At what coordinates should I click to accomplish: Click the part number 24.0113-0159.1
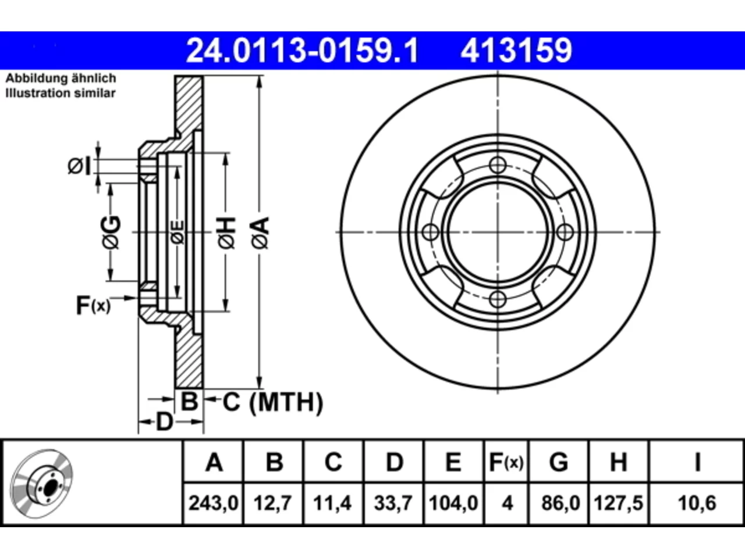point(302,51)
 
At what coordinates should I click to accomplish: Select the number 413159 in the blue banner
point(516,51)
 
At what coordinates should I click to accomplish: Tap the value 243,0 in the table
point(213,503)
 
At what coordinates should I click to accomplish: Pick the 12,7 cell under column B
point(273,503)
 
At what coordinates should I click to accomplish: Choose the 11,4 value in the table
point(332,503)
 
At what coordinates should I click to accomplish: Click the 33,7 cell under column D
point(393,503)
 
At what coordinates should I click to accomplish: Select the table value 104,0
point(453,503)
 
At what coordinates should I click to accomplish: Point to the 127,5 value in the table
point(618,503)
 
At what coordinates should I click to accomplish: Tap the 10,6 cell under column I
point(697,503)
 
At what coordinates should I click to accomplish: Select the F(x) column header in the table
point(506,463)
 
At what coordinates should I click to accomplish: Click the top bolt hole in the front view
point(498,165)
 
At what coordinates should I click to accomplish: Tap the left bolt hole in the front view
point(431,233)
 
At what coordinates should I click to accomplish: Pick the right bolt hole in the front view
point(565,233)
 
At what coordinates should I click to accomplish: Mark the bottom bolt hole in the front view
point(498,299)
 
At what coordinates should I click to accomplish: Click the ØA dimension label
point(260,233)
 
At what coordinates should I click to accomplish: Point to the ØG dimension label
point(111,233)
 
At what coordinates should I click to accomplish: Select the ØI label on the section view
point(79,167)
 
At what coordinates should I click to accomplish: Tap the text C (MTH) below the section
point(272,402)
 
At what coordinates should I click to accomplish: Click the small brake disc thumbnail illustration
point(42,484)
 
